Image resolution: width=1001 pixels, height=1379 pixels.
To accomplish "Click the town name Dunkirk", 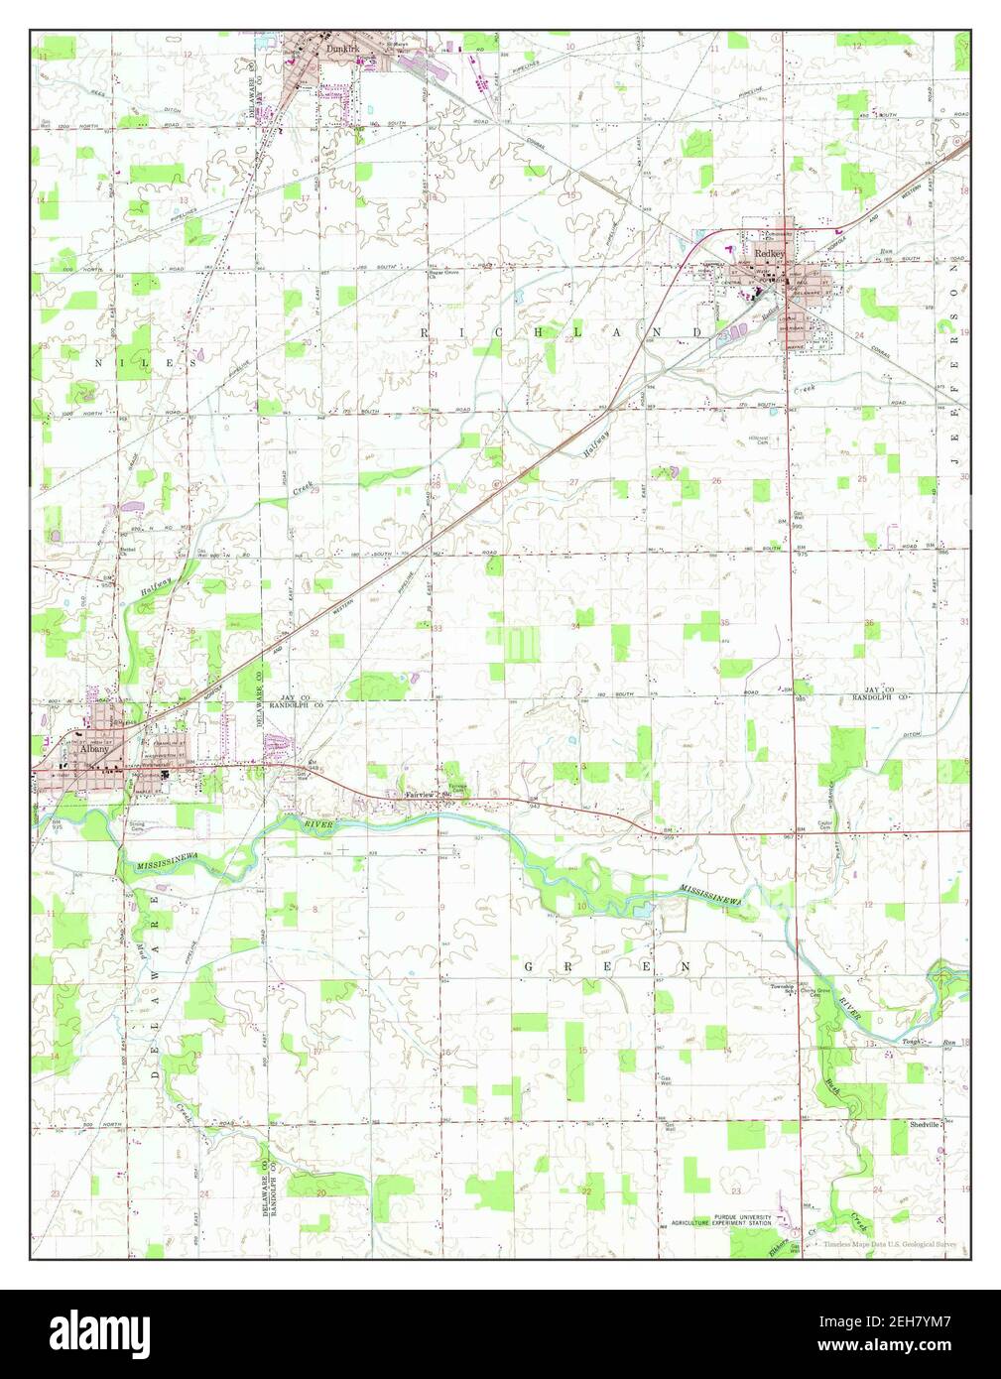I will coord(331,45).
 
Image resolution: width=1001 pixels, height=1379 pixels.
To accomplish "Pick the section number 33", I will coord(437,628).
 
